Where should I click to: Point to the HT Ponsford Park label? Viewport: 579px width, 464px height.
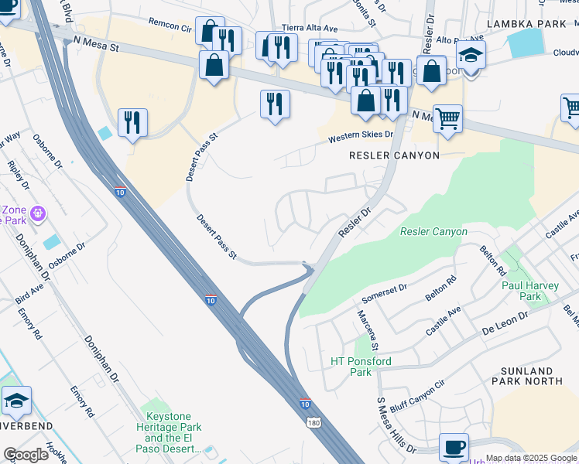(x=361, y=367)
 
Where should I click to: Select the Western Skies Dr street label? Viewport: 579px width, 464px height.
(x=360, y=137)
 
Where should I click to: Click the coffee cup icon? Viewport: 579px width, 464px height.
(x=454, y=448)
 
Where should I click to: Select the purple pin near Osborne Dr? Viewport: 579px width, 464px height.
(x=38, y=212)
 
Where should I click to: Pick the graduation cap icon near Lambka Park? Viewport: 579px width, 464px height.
(x=470, y=56)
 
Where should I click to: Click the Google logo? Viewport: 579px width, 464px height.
(x=26, y=454)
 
